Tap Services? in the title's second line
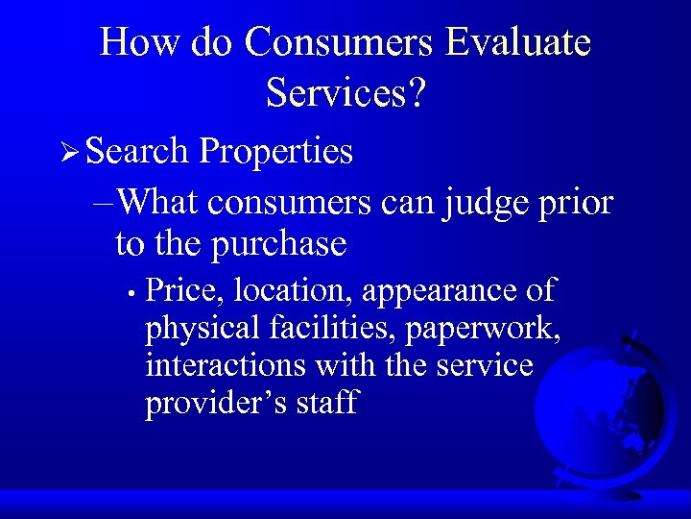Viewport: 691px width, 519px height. click(x=346, y=92)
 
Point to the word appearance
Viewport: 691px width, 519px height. click(x=436, y=291)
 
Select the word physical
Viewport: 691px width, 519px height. click(x=202, y=329)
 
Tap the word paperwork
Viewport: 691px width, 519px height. click(x=484, y=329)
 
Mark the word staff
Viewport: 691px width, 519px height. click(x=327, y=403)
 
